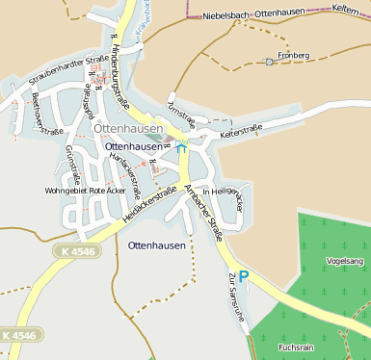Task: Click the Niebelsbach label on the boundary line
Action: [227, 15]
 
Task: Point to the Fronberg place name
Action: [293, 55]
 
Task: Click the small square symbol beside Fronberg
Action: [269, 62]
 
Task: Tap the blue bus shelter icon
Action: [181, 146]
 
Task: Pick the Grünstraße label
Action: [70, 164]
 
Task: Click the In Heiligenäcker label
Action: [224, 198]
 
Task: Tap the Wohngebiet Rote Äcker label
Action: [87, 191]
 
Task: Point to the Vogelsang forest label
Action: [345, 261]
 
